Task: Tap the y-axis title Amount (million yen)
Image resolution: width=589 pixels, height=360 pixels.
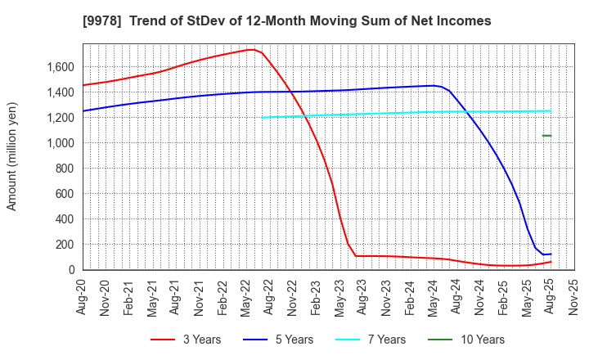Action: (x=11, y=156)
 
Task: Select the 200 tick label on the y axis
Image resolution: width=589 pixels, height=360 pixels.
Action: (x=65, y=245)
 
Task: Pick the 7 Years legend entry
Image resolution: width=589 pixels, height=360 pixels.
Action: (x=365, y=340)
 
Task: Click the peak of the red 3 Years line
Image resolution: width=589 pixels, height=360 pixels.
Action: (x=251, y=49)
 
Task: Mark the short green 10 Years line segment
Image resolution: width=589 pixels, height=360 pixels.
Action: (x=546, y=136)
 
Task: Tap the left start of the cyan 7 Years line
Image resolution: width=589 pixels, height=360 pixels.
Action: (x=263, y=117)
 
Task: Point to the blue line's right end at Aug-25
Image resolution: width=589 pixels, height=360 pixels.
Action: (x=551, y=254)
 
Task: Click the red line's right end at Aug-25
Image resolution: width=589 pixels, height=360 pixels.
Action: (x=551, y=262)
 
